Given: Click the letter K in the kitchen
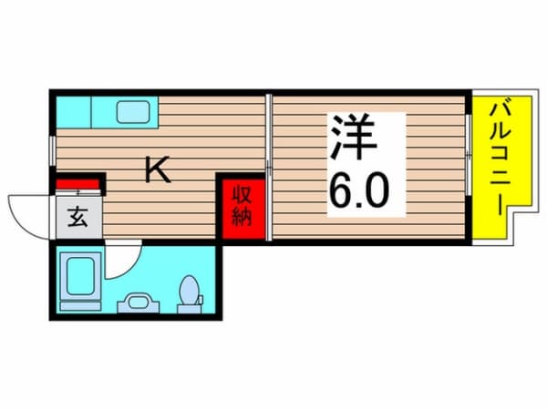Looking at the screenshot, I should click(159, 169).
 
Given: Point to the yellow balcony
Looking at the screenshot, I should click(492, 169).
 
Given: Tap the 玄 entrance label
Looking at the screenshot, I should click(74, 219).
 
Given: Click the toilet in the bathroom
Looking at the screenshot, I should click(191, 293).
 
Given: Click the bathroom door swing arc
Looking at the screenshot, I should click(123, 263).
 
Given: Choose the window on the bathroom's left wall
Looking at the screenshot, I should click(52, 283).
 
